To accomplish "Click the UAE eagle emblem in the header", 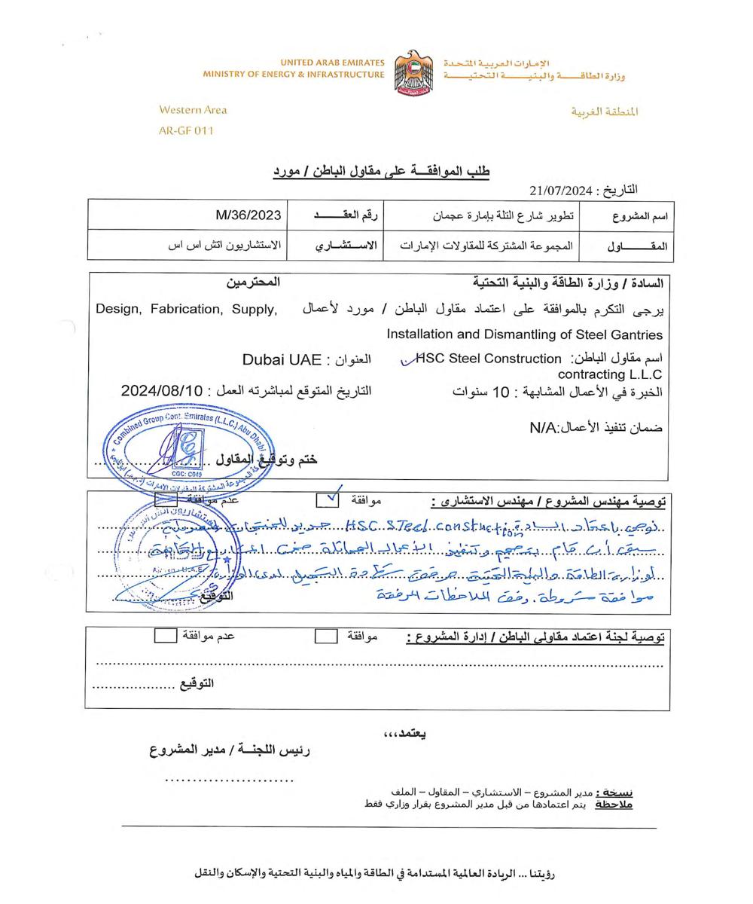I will (x=413, y=72).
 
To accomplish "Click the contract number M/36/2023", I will (x=248, y=215).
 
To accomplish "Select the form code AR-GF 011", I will (x=186, y=130).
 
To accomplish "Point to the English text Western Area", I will (x=193, y=110).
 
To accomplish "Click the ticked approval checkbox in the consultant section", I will (x=328, y=499).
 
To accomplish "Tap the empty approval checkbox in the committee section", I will (x=325, y=637).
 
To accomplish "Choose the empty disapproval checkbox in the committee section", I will (x=164, y=636).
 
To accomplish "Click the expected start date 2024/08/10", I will (x=162, y=390).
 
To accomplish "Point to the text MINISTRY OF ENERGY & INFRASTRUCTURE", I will (x=293, y=75).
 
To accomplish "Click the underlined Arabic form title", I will (x=381, y=172).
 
